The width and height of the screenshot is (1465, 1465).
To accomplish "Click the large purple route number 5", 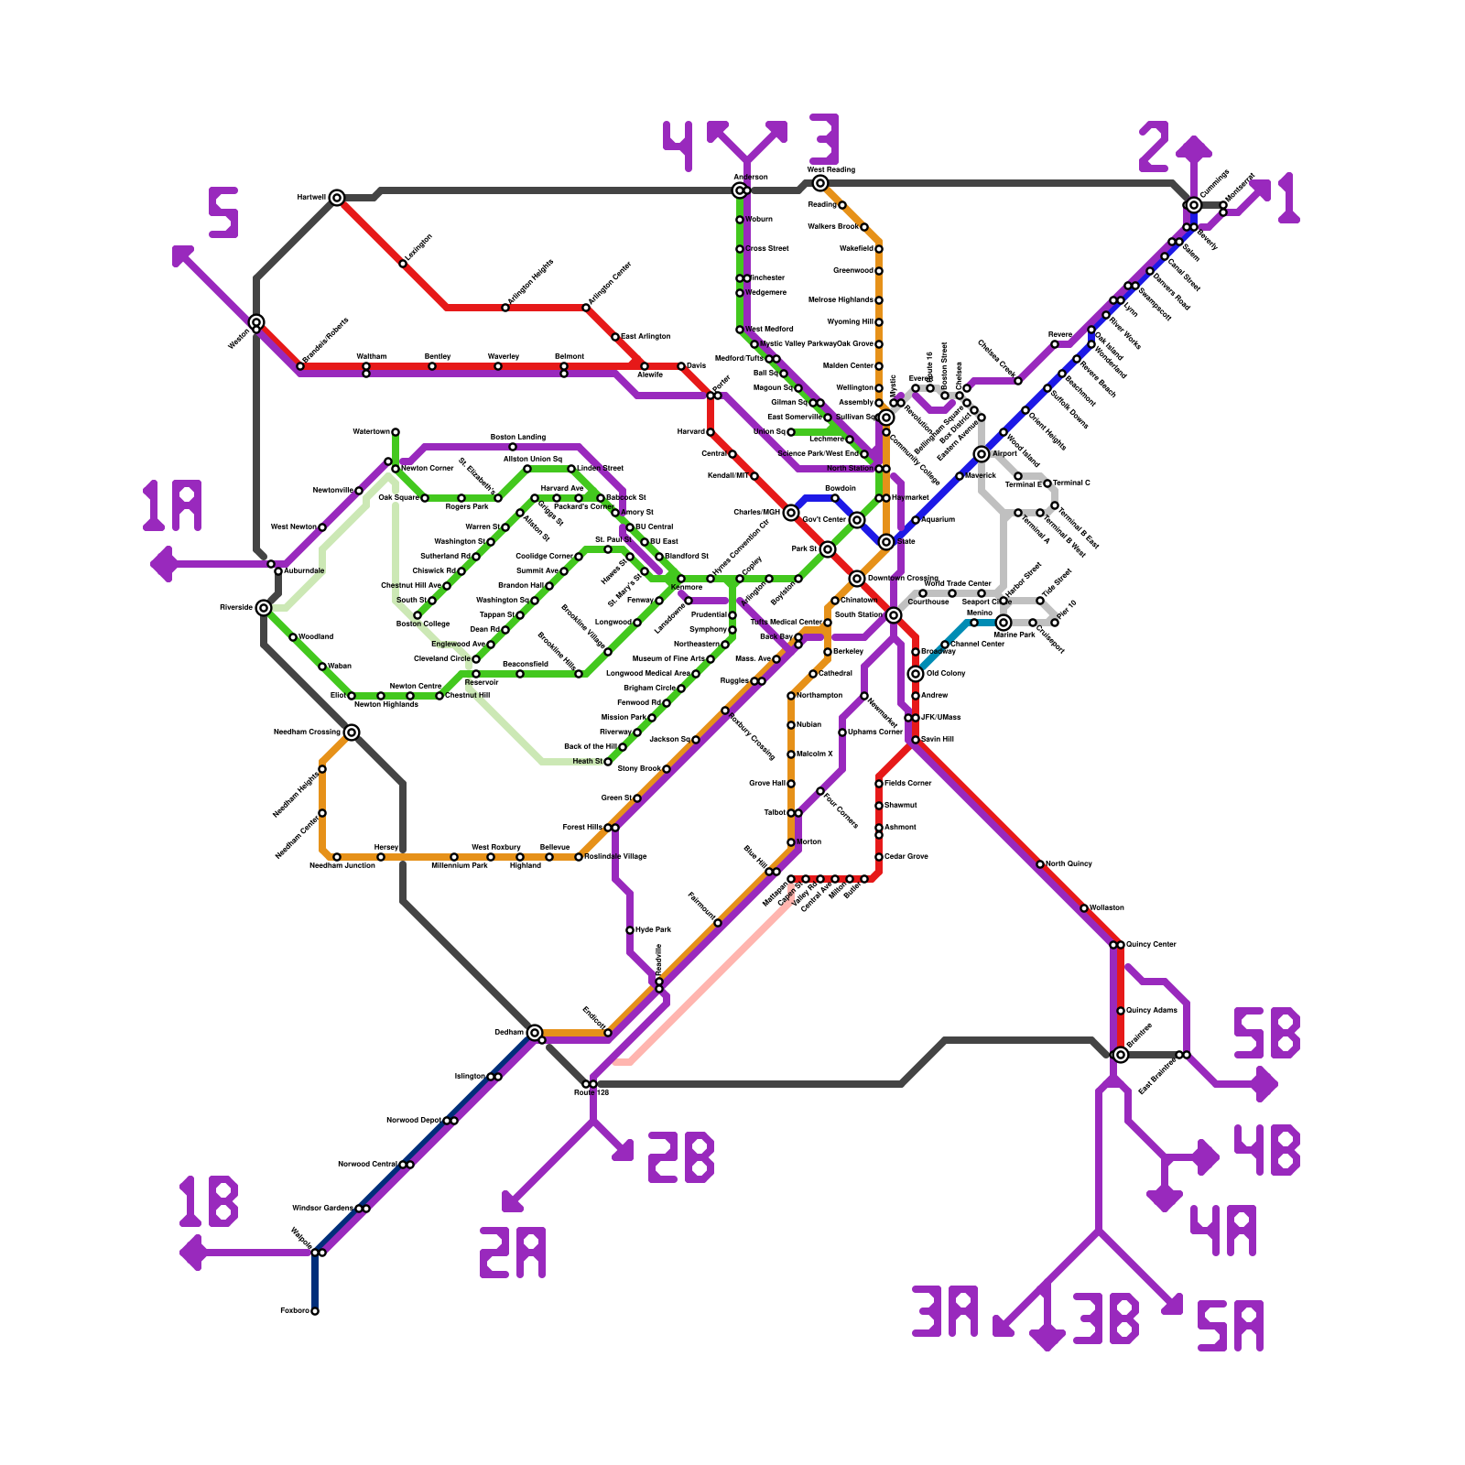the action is [223, 212].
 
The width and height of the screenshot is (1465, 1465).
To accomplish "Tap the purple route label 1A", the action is [172, 507].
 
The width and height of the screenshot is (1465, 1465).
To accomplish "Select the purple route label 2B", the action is [680, 1157].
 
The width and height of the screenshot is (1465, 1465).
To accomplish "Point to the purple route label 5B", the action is [1267, 1033].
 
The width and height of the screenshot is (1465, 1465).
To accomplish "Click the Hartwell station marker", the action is [337, 198].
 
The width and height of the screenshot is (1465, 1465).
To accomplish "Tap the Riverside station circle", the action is [264, 608].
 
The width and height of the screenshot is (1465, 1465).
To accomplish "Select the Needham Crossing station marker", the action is [352, 732].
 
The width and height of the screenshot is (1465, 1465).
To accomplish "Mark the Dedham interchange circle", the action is [535, 1033].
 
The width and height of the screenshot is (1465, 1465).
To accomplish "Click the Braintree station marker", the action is [1121, 1055].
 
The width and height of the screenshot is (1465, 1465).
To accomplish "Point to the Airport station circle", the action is [982, 454].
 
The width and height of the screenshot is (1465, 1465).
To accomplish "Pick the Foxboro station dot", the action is [315, 1311].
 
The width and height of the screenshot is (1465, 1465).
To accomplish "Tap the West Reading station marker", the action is [820, 183].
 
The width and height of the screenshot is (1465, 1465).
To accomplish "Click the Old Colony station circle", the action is [916, 674].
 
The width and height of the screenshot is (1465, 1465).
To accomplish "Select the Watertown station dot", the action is [396, 432].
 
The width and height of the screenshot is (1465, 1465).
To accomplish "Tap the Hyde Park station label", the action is [653, 929].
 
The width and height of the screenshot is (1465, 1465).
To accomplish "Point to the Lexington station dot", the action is [403, 264].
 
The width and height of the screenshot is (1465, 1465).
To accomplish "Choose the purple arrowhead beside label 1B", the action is [191, 1253].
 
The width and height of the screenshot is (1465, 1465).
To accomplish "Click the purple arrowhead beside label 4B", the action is [1208, 1157].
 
